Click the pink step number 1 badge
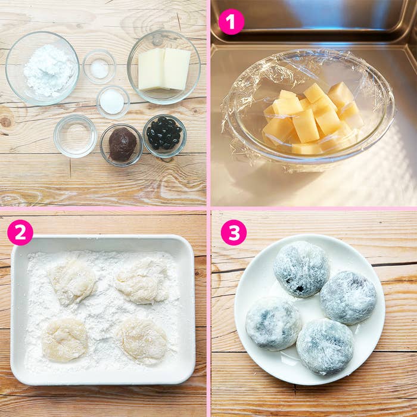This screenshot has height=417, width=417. pos(231,21)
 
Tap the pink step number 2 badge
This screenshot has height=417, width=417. pos(20,232)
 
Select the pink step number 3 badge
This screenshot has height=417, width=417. pos(234,232)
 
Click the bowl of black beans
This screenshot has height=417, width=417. pos(164,136)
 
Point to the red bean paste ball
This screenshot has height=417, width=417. pos(123,144)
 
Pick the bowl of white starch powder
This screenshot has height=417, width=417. pos(42,68)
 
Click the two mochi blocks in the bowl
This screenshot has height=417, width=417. pos(164,69)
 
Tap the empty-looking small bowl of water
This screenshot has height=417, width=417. pos(76,136)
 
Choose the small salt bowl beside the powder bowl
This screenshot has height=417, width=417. pos(99,67)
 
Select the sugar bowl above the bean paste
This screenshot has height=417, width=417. pos(113,102)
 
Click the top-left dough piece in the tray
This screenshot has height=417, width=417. pos(72,281)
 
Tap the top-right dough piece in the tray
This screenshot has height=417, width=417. pos(142,281)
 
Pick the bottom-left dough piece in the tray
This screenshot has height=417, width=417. pos(65,340)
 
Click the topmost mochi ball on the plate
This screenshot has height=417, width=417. pos(301,269)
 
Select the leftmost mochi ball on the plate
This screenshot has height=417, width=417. pos(273,323)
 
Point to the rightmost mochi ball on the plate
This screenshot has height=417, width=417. pos(348,298)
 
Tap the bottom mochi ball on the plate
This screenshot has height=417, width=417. pos(325,347)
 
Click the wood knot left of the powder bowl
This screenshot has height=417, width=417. pos(6,122)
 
